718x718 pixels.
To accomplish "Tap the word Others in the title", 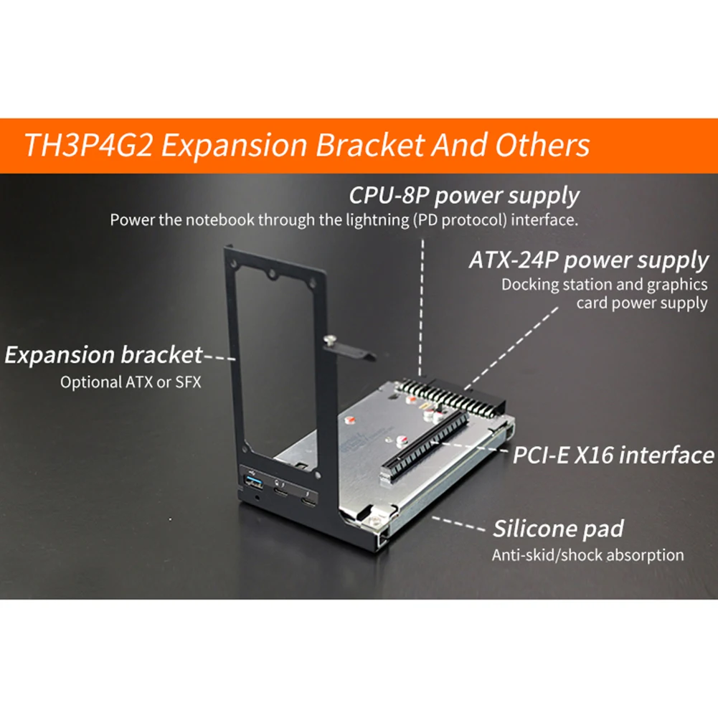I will point(542,145).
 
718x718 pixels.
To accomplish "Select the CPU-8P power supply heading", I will point(464,195).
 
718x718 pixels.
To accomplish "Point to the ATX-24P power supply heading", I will point(588,259).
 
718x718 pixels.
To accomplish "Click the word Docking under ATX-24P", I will point(529,284).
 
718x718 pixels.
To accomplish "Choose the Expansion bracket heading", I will point(103,354).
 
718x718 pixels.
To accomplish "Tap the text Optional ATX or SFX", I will point(131,382).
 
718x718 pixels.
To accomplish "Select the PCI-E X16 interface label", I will point(613,454).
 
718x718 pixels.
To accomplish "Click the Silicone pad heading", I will point(557,529).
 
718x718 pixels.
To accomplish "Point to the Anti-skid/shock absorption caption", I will point(587,554).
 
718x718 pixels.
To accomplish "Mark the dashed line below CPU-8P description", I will point(423,301).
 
